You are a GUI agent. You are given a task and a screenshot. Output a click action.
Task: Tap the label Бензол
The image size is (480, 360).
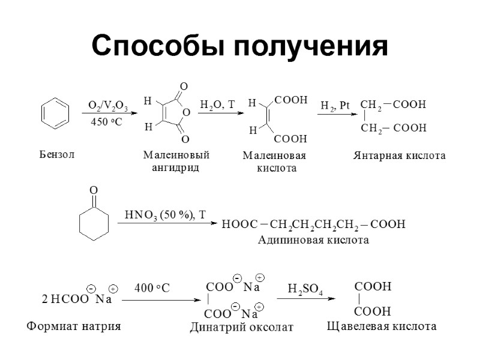tap(57, 155)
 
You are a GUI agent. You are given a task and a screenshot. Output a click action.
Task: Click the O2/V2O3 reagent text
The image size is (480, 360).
tap(108, 106)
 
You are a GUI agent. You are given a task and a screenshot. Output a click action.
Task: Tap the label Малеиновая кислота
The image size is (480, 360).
tap(274, 162)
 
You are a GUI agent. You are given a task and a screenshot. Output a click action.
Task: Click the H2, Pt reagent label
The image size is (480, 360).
tap(335, 106)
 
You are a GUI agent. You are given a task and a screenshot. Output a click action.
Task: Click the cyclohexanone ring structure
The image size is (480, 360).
tap(94, 221)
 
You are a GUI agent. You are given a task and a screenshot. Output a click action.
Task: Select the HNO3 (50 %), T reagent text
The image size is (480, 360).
tap(165, 215)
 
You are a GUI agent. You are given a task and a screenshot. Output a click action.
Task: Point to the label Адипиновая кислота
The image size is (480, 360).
tap(313, 240)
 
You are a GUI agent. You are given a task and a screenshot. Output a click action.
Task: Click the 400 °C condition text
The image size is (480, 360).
tap(152, 289)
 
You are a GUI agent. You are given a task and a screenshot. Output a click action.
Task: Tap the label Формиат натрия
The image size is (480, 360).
tap(74, 327)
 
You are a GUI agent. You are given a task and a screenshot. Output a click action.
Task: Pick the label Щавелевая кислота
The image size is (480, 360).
tap(381, 327)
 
